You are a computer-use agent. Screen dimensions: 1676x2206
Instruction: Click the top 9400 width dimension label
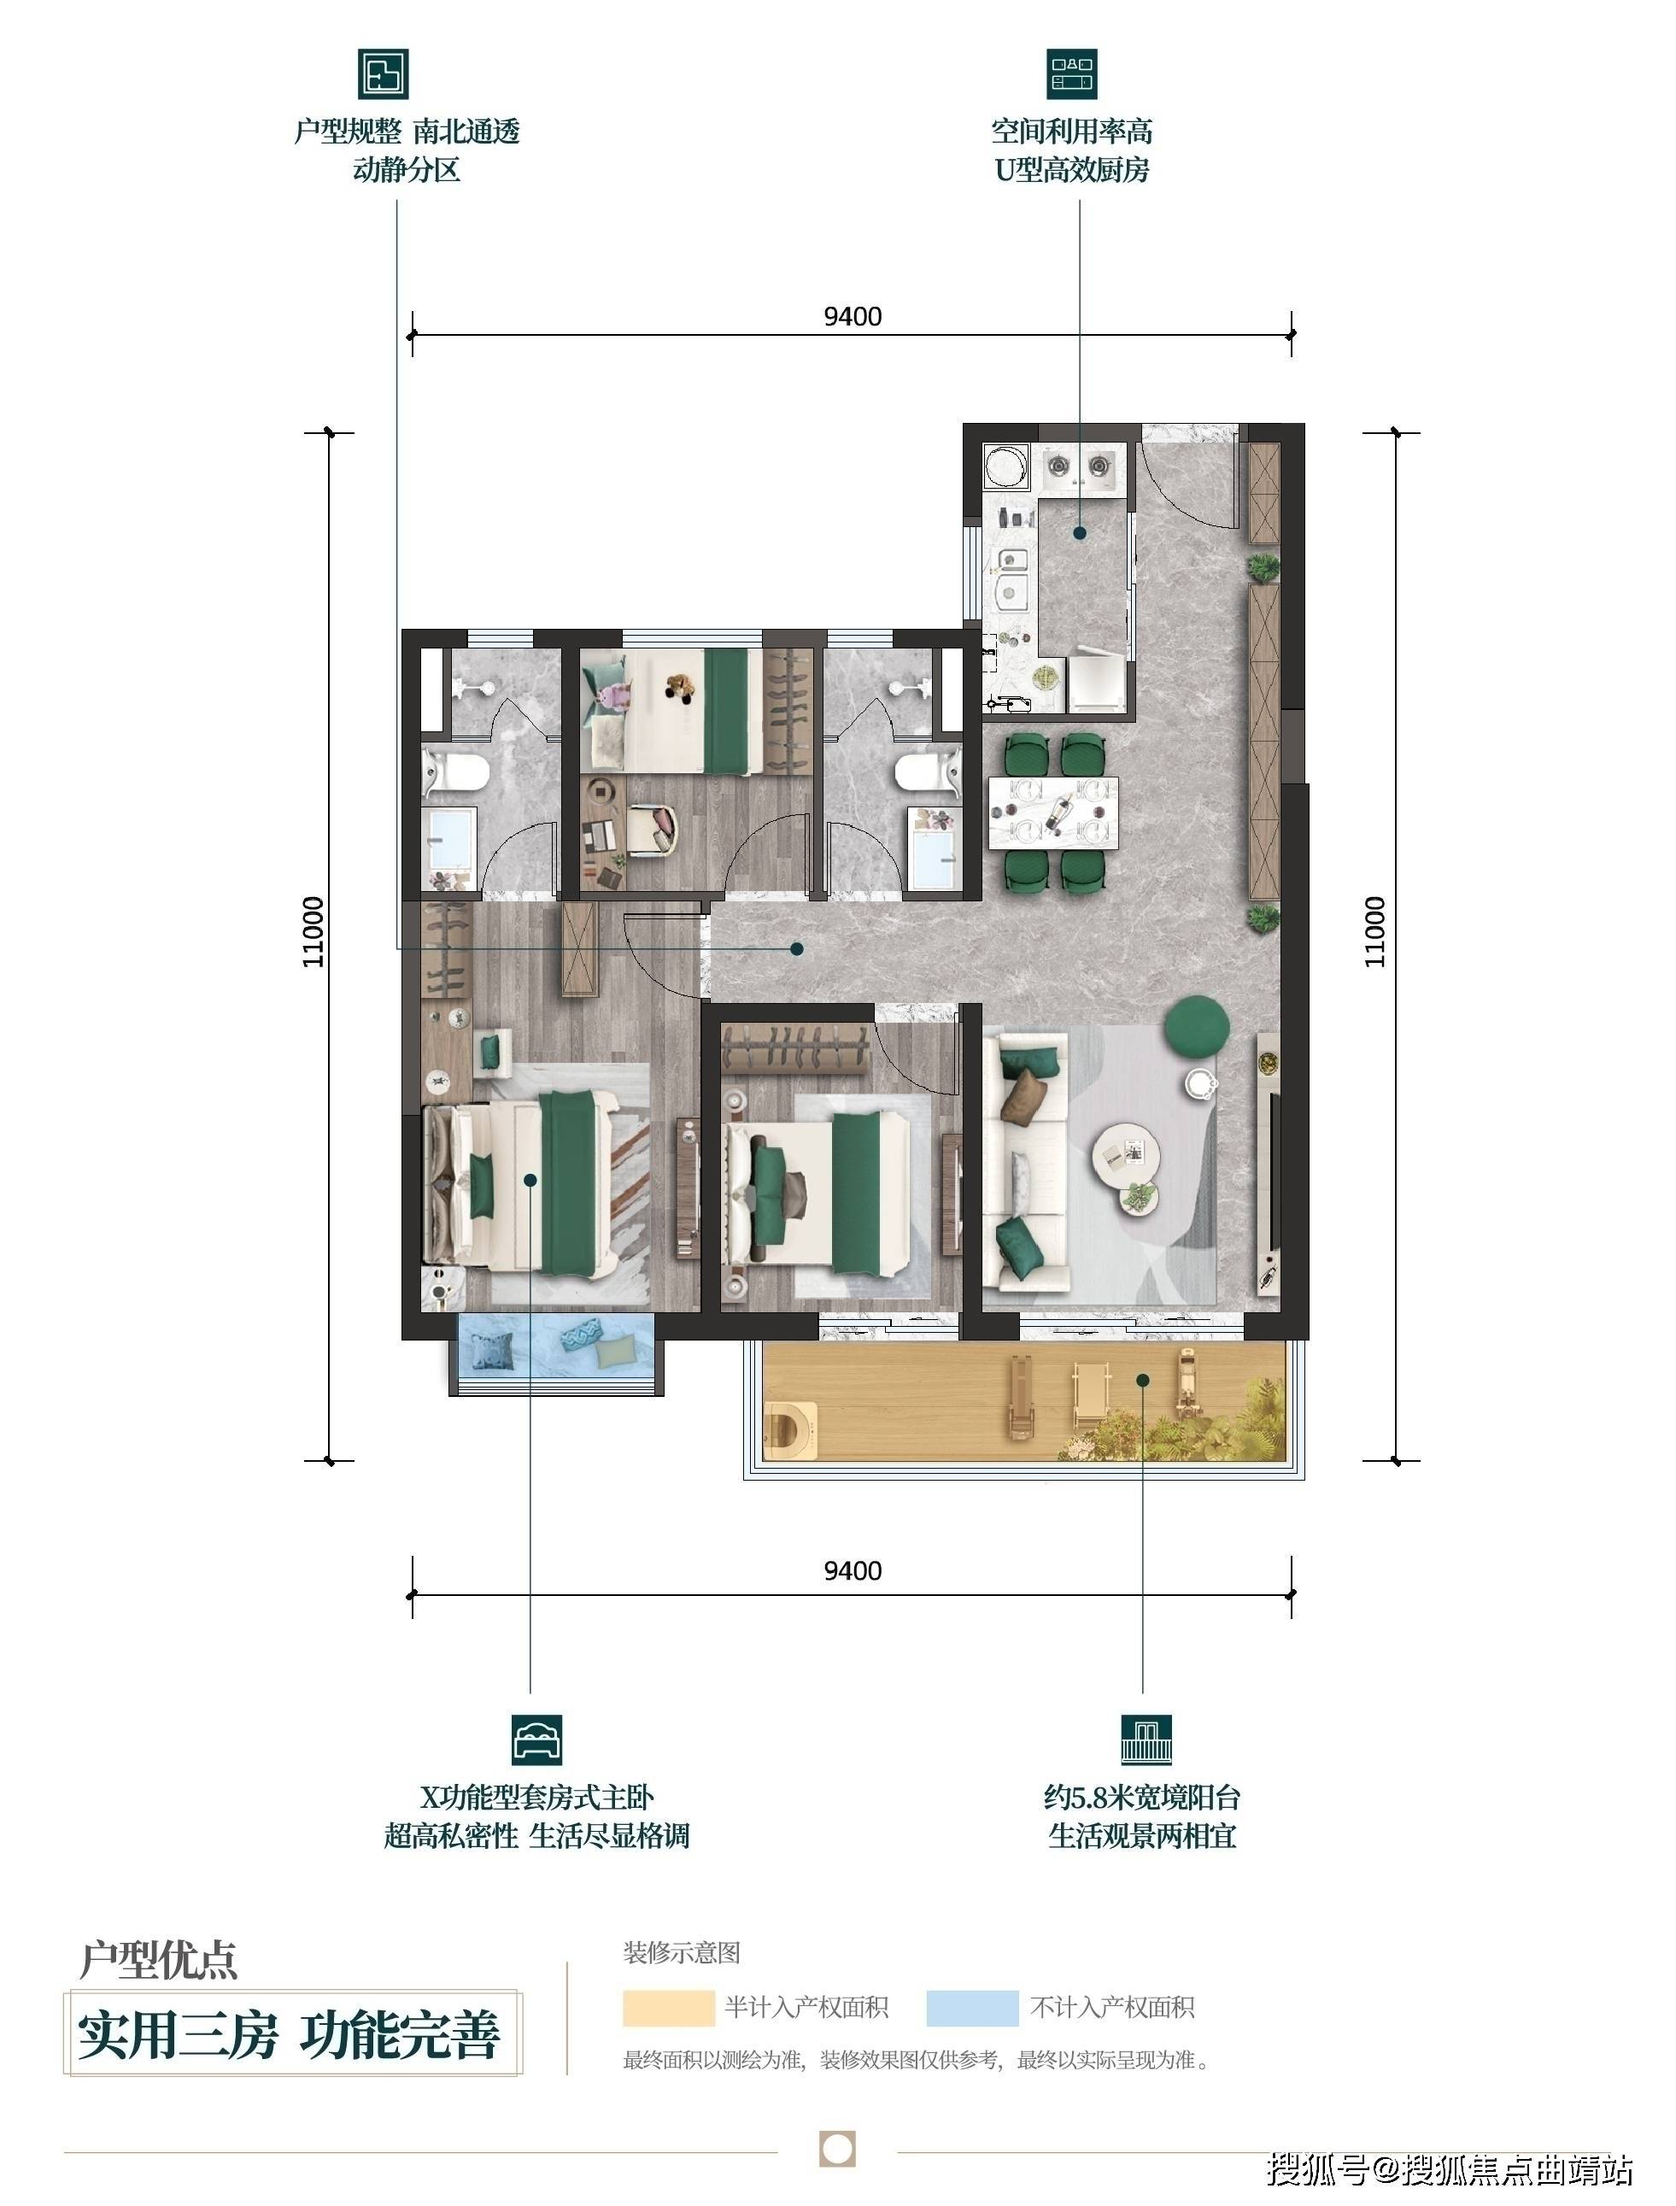tap(853, 316)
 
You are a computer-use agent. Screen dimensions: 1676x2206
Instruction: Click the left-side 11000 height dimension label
tap(314, 931)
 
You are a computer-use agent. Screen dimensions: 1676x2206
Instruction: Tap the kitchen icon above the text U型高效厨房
tap(1071, 73)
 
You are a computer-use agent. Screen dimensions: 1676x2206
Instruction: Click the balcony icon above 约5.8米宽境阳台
tap(1146, 1740)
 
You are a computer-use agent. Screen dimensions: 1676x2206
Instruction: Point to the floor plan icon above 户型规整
tap(383, 73)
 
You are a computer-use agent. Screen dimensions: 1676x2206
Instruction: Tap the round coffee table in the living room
tap(1127, 1159)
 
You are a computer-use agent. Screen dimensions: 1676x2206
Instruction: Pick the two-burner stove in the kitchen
tap(1077, 465)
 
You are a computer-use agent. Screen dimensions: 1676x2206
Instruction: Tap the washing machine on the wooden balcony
tap(790, 1429)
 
